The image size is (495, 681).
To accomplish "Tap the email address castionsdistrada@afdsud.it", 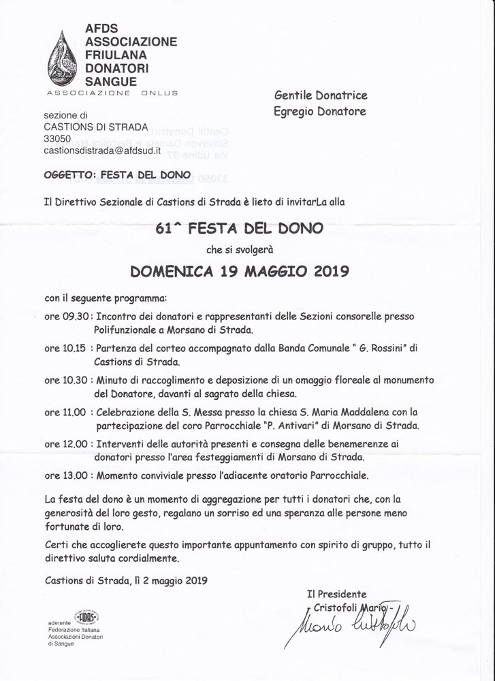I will (x=102, y=151).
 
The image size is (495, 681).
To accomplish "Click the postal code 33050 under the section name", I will (x=57, y=138).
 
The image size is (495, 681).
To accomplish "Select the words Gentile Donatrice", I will (x=321, y=96).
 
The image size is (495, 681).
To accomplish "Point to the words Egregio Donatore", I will (x=319, y=112).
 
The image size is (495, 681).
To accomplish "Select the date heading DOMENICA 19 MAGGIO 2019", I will (x=239, y=271).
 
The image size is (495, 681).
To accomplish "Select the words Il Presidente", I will (x=336, y=595).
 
